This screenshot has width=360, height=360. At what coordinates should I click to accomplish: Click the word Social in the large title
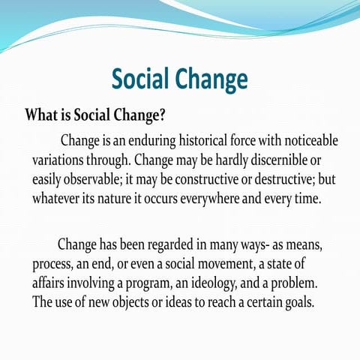pyautogui.click(x=146, y=78)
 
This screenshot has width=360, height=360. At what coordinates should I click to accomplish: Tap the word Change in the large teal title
pyautogui.click(x=212, y=78)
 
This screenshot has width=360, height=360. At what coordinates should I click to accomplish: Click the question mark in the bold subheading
pyautogui.click(x=162, y=116)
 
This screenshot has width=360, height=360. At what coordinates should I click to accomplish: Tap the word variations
pyautogui.click(x=59, y=160)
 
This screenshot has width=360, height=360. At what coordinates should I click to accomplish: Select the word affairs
pyautogui.click(x=52, y=284)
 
